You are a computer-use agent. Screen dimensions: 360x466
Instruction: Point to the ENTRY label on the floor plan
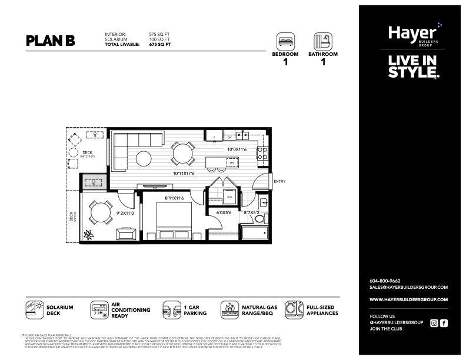[x=279, y=181]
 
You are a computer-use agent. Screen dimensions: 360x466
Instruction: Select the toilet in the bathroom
[x=259, y=219]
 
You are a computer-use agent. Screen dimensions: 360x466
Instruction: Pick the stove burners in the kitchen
[x=262, y=153]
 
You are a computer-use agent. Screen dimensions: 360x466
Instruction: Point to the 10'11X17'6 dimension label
[x=184, y=174]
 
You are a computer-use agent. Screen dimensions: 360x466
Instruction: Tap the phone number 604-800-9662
[x=385, y=281]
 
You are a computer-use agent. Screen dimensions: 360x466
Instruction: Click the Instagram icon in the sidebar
[x=434, y=322]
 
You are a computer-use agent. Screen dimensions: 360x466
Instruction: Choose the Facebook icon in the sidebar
[x=444, y=322]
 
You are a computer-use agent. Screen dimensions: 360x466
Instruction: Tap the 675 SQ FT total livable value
[x=160, y=44]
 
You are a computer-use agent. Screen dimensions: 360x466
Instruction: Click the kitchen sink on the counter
[x=241, y=135]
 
